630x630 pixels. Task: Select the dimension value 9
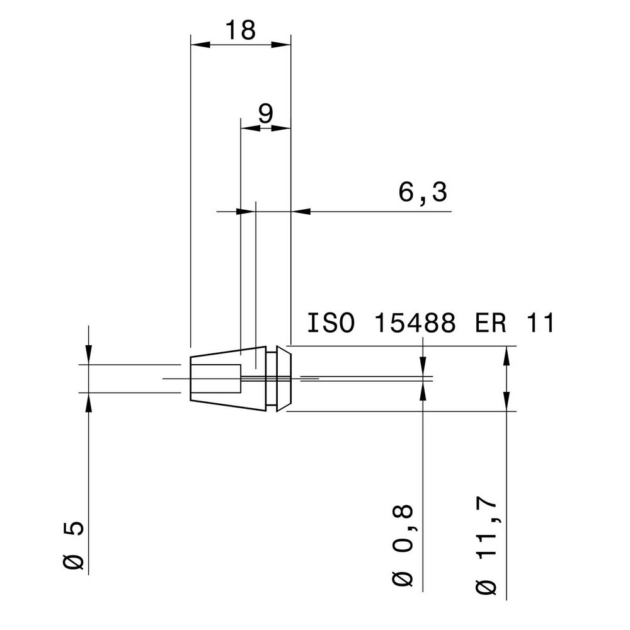pyautogui.click(x=265, y=113)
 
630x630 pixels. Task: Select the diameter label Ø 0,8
pyautogui.click(x=405, y=544)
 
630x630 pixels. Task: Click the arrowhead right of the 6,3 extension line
pyautogui.click(x=301, y=212)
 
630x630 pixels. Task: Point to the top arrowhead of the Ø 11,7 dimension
pyautogui.click(x=507, y=355)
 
